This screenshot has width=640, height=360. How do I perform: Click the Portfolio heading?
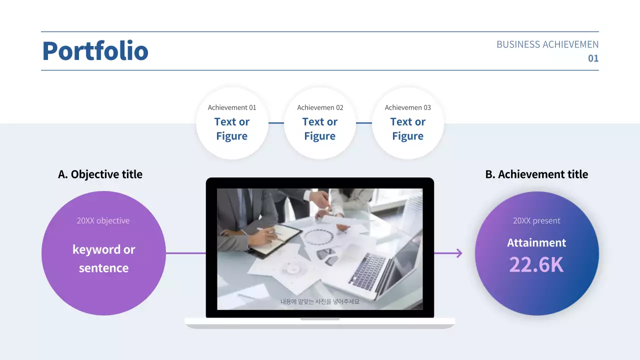95,51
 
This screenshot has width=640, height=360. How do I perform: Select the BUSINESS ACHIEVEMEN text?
547,44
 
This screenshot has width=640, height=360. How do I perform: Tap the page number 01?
593,58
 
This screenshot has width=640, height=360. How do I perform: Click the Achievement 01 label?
232,107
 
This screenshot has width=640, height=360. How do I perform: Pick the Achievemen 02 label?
320,107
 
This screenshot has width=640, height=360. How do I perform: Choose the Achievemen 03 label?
407,107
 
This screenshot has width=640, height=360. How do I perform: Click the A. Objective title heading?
100,174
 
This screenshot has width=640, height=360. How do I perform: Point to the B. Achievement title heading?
536,174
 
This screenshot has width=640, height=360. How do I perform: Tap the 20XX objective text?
103,220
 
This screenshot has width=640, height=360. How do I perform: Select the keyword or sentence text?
103,258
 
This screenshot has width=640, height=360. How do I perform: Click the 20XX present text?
536,220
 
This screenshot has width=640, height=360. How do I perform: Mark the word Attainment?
536,243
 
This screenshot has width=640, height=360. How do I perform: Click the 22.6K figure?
536,265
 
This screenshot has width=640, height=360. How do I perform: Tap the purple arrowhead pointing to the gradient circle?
458,253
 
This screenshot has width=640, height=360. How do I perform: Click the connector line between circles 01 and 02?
276,122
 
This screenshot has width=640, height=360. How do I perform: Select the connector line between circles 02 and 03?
364,122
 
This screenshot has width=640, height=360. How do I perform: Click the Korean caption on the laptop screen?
320,301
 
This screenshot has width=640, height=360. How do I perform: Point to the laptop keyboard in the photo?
367,270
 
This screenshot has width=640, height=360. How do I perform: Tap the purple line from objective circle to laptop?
185,253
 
